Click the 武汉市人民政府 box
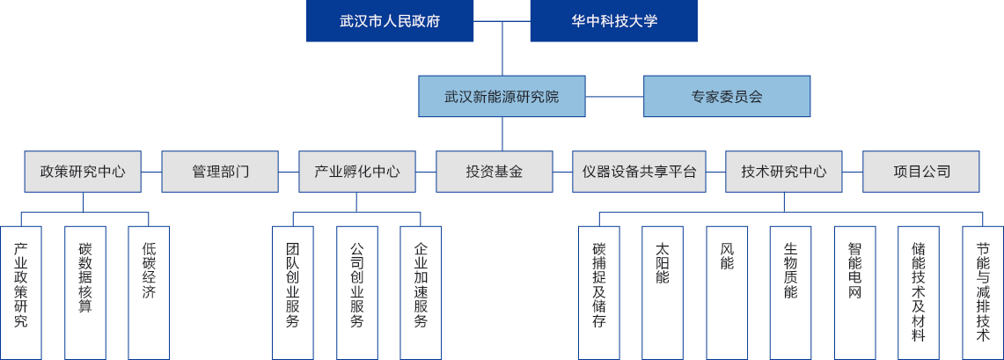click(390, 21)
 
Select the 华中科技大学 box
click(613, 21)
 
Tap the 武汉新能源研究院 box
click(502, 96)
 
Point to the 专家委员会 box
click(726, 96)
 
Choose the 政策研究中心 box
click(84, 172)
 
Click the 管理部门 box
click(220, 172)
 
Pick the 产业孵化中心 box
click(356, 172)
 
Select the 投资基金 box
click(495, 172)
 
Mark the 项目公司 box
click(921, 172)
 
